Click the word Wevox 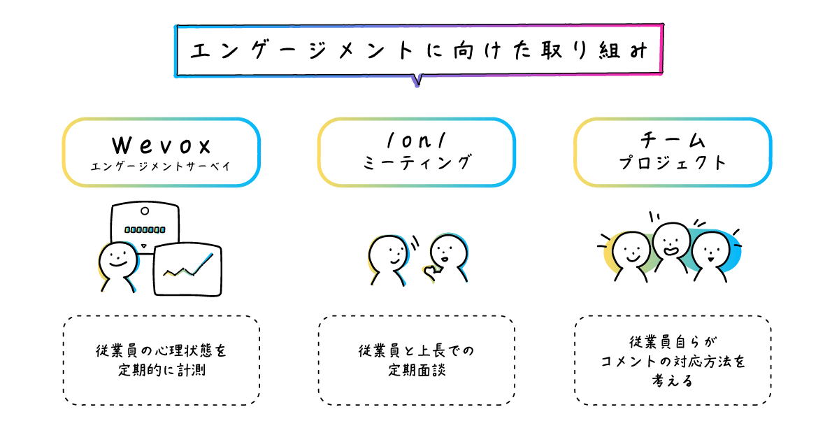[x=162, y=145]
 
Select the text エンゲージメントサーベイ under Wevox [x=162, y=166]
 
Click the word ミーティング [x=417, y=164]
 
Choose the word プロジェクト [x=673, y=164]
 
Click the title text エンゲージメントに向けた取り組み [x=419, y=51]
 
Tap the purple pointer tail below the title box [x=417, y=80]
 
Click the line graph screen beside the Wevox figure [x=187, y=269]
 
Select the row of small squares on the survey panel [x=145, y=229]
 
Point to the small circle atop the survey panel [x=145, y=211]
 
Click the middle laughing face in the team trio [x=671, y=241]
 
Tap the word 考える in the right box [x=673, y=381]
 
